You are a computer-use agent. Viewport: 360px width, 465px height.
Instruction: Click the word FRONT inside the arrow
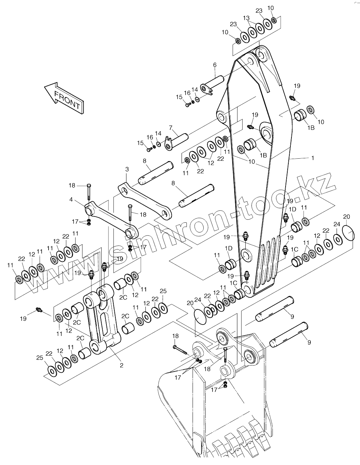[x=67, y=100]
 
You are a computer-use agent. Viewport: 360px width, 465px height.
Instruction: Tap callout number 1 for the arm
[x=312, y=158]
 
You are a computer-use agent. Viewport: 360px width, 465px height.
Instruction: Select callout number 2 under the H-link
[x=121, y=365]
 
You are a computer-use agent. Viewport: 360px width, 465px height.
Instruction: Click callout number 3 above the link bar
[x=127, y=169]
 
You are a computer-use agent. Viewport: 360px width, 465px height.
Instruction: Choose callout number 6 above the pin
[x=215, y=65]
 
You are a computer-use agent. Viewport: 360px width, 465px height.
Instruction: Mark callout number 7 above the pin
[x=170, y=128]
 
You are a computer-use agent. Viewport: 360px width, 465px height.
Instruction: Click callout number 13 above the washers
[x=246, y=18]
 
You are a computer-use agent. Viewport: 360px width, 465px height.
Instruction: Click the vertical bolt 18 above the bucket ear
[x=225, y=355]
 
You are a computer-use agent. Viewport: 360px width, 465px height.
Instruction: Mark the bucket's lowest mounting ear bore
[x=225, y=371]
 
